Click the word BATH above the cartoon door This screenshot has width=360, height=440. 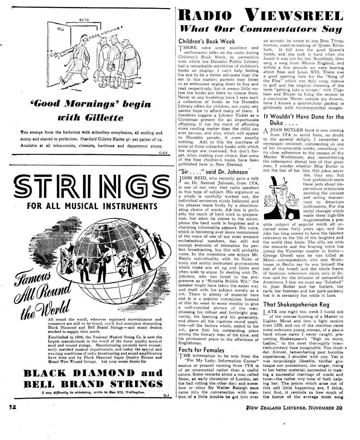pyautogui.click(x=84, y=20)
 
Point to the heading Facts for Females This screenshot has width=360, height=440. pyautogui.click(x=201, y=350)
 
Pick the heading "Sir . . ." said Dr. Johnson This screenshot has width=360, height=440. pyautogui.click(x=213, y=172)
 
